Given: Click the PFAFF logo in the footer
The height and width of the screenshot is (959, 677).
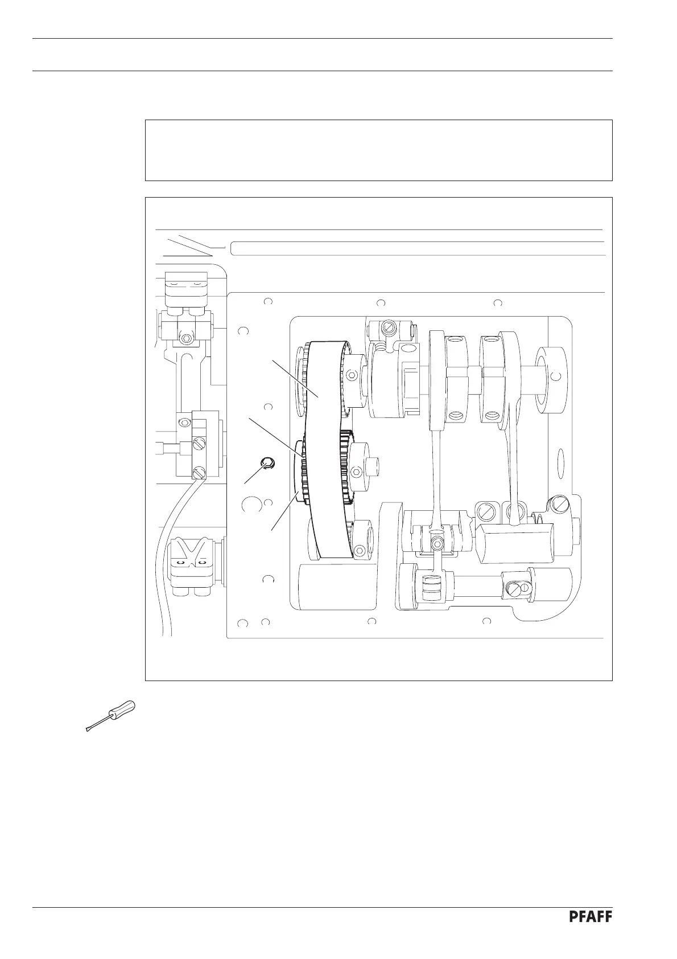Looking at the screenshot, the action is click(x=590, y=933).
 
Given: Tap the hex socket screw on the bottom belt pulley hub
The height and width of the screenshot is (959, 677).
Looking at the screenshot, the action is click(x=358, y=551).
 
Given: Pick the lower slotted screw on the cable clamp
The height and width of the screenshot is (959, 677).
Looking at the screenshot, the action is click(x=198, y=472).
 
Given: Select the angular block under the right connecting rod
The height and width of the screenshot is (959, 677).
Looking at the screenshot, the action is click(x=509, y=544).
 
